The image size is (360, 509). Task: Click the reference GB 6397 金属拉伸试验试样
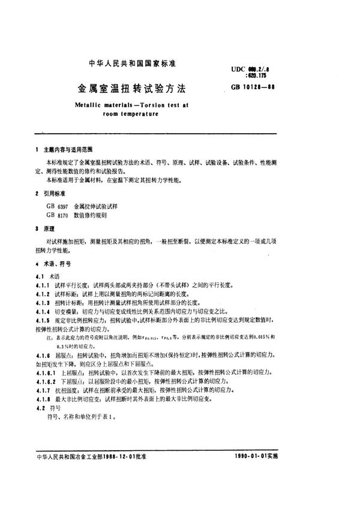(x=78, y=205)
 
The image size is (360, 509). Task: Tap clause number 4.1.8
(x=44, y=399)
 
